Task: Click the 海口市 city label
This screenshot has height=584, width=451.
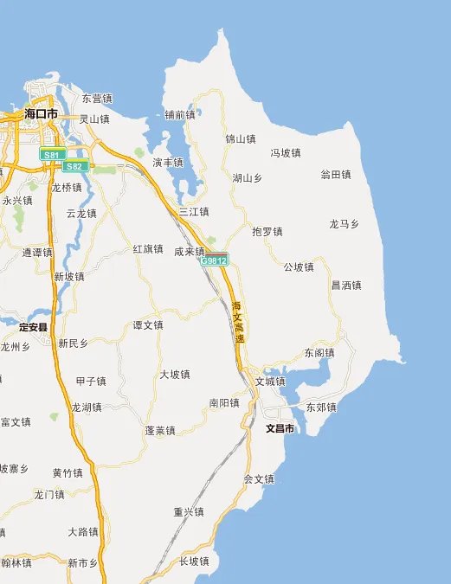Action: (x=41, y=114)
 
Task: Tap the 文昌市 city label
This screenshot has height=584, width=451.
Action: (x=280, y=428)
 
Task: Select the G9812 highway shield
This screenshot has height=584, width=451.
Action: (x=214, y=260)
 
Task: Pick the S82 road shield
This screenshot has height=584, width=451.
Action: (x=76, y=166)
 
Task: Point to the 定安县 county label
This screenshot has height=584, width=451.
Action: (x=34, y=328)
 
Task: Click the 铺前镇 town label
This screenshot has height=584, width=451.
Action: (x=180, y=115)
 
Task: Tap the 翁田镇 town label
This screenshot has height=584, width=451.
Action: (x=336, y=175)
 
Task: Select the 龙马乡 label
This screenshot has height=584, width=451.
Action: (x=344, y=224)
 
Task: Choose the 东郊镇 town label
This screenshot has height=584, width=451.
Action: (x=321, y=407)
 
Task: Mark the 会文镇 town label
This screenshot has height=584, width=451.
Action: (x=259, y=478)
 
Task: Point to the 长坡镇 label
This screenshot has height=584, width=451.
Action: (x=194, y=562)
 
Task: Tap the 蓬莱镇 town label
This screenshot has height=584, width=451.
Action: (x=160, y=430)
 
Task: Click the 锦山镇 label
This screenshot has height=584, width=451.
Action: (x=240, y=138)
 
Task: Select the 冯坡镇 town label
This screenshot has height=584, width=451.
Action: (x=285, y=153)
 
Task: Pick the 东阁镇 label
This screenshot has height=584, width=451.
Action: (x=319, y=353)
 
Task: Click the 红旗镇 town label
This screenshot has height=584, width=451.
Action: (x=148, y=248)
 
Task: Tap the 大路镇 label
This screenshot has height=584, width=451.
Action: (x=83, y=531)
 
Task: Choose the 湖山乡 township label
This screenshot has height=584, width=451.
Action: (x=248, y=178)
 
